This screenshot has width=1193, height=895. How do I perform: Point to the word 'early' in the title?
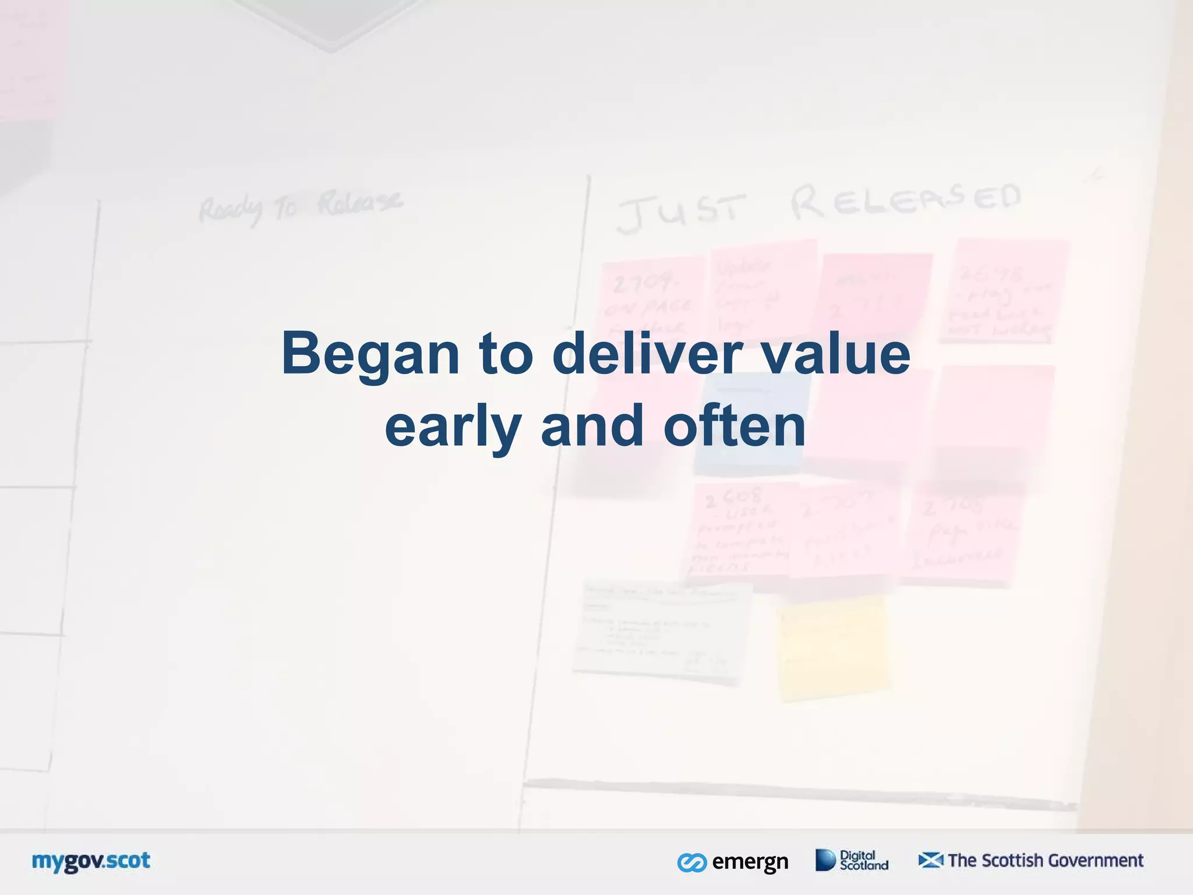[452, 427]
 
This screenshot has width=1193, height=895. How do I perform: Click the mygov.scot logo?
[91, 861]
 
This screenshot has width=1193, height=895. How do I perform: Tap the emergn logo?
[733, 861]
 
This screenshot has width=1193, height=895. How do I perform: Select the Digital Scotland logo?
[852, 860]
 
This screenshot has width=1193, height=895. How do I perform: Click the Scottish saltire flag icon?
[930, 860]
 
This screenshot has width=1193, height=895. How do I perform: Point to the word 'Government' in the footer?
[1095, 860]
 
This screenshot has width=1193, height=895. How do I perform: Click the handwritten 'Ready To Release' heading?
[300, 207]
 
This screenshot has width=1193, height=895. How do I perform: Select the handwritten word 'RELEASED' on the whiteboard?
[906, 201]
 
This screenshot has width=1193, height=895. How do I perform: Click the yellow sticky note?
[833, 647]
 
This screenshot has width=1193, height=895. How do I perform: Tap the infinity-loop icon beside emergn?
[692, 862]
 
